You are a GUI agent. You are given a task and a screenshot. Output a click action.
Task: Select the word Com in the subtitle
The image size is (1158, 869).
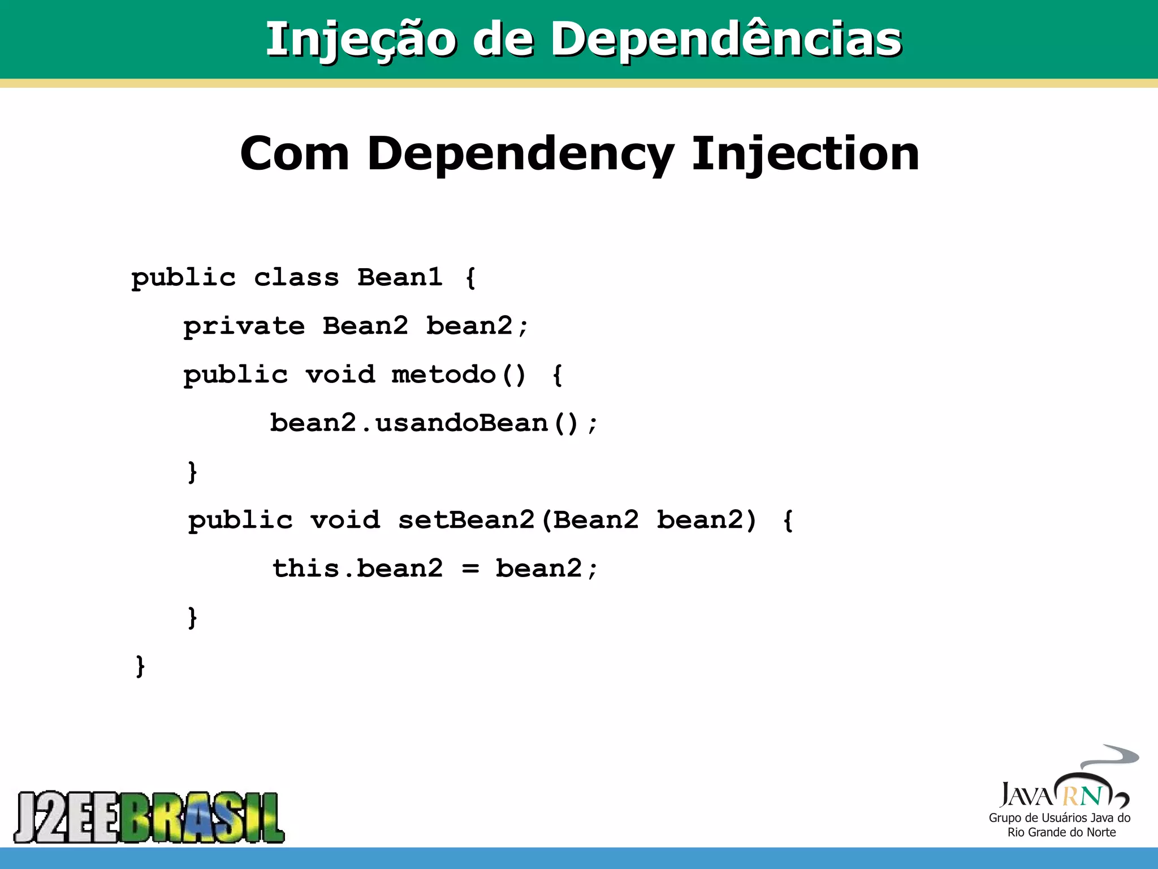pyautogui.click(x=295, y=154)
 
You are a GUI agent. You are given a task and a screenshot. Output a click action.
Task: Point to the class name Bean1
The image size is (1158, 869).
pyautogui.click(x=399, y=277)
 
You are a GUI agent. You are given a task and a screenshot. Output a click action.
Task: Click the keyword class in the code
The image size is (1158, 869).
pyautogui.click(x=296, y=277)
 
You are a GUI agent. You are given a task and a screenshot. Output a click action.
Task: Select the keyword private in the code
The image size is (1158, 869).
pyautogui.click(x=244, y=326)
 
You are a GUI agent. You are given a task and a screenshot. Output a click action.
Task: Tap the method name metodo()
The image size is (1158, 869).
pyautogui.click(x=459, y=375)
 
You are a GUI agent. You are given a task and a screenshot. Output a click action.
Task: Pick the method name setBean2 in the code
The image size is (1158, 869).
pyautogui.click(x=466, y=520)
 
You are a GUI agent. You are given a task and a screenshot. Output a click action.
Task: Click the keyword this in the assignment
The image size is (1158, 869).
pyautogui.click(x=306, y=569)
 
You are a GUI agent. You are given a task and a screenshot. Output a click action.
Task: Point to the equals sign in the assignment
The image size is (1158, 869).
pyautogui.click(x=470, y=569)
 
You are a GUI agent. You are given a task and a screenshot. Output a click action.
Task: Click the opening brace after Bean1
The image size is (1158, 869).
pyautogui.click(x=470, y=278)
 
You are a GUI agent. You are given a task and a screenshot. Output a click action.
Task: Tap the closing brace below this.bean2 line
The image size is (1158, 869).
pyautogui.click(x=192, y=617)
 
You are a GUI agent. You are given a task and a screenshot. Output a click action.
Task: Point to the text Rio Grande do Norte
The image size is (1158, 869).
pyautogui.click(x=1061, y=832)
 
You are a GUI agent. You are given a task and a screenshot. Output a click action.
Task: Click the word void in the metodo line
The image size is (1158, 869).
pyautogui.click(x=340, y=375)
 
